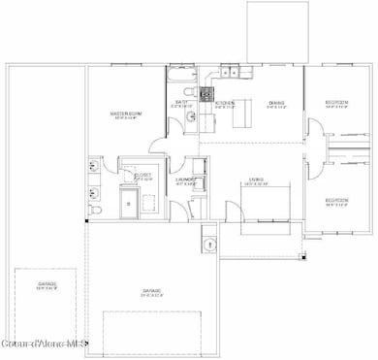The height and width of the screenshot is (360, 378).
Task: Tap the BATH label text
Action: point(181,102)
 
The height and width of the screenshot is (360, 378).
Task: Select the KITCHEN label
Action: point(224,103)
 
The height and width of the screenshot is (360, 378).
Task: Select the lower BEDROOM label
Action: point(336,202)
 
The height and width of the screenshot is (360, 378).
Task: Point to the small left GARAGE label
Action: point(48,285)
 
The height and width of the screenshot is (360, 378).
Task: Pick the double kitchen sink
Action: point(230,70)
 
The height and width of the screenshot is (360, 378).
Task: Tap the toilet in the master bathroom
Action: point(93,209)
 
